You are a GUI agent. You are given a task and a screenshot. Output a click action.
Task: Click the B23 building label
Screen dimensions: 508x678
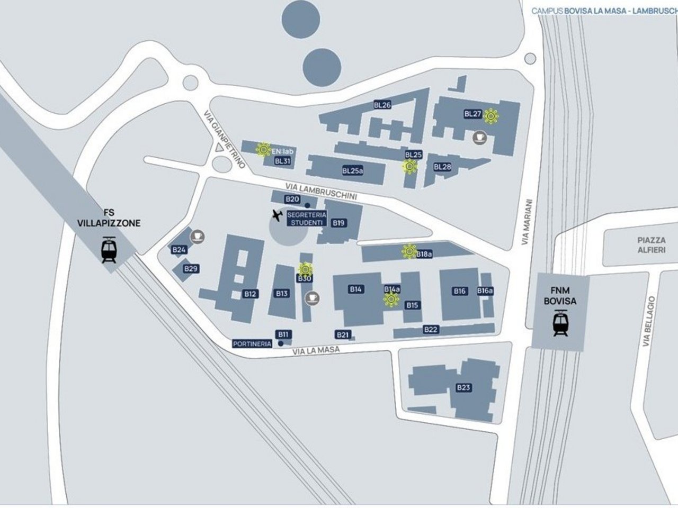click(463, 388)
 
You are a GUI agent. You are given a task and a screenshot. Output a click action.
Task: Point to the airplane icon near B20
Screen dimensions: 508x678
click(276, 215)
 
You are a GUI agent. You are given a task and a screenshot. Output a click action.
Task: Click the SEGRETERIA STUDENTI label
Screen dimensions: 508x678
click(306, 219)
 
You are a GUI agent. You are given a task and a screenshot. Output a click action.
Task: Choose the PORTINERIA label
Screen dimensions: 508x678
click(252, 344)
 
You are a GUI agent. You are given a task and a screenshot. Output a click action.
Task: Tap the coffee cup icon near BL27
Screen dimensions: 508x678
click(479, 137)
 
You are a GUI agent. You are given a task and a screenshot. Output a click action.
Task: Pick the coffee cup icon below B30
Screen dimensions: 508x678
click(312, 298)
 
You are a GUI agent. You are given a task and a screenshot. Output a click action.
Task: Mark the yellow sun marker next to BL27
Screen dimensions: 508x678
click(492, 116)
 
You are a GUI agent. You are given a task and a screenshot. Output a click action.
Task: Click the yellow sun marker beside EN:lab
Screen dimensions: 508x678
click(263, 150)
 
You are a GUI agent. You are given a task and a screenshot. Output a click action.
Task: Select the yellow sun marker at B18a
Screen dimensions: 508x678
click(409, 251)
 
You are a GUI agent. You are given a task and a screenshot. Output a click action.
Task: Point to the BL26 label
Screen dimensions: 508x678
click(382, 105)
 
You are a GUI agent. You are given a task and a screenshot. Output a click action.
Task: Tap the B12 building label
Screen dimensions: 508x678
click(251, 294)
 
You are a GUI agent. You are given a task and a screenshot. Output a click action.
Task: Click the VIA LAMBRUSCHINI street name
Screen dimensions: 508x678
click(321, 192)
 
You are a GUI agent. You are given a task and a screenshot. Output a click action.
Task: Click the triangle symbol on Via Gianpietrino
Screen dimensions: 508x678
click(218, 148)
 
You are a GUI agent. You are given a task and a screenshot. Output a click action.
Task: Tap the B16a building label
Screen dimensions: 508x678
click(485, 291)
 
